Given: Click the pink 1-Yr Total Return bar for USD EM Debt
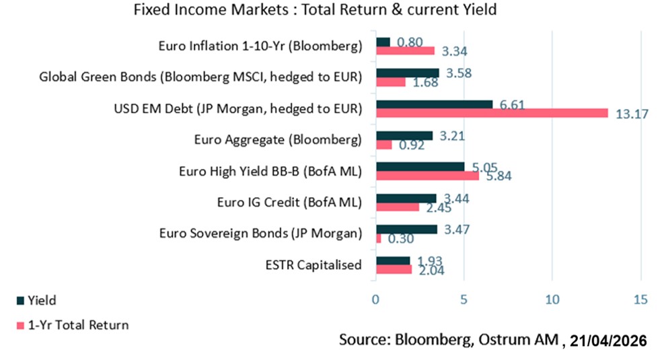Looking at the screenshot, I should coord(492,112).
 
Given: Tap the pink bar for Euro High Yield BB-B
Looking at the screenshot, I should coord(427,176).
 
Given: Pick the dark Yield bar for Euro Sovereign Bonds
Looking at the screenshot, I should coord(406,229).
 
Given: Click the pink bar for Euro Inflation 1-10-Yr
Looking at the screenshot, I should coord(405,50).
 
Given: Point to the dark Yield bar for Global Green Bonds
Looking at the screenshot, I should coord(407,73).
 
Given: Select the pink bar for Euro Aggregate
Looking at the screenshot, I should coord(383,144).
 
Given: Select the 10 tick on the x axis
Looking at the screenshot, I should coord(552,299).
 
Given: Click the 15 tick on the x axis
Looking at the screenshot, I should coord(640,299).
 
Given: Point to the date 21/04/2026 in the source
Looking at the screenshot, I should coord(608,341).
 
